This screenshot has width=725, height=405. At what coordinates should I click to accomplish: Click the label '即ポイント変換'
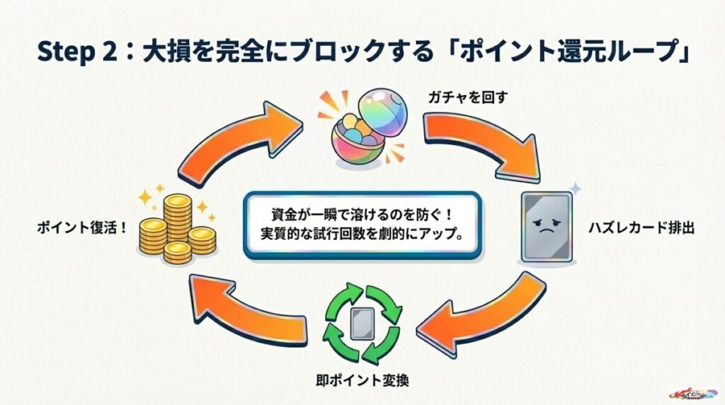click(x=362, y=380)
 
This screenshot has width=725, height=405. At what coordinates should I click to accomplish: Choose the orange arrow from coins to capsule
click(x=241, y=145)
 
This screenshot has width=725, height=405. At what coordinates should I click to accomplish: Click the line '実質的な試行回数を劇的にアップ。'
click(x=362, y=234)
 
